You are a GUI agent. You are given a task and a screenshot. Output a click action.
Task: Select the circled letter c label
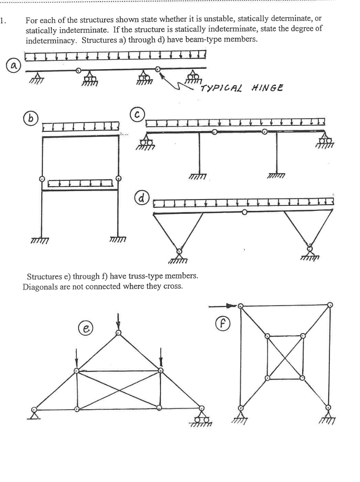(138, 114)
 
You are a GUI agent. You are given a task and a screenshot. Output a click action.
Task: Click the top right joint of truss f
(330, 305)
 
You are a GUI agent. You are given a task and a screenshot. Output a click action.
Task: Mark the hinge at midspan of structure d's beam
(245, 212)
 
